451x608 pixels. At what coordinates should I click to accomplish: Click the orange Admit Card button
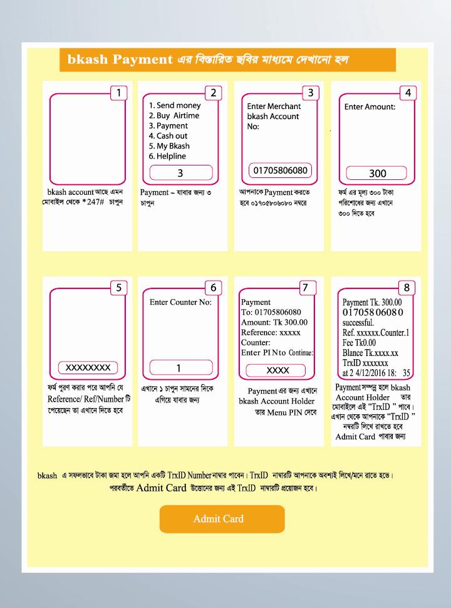click(222, 518)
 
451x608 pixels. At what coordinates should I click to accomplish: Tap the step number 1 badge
click(118, 93)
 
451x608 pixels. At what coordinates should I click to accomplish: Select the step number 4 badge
click(408, 93)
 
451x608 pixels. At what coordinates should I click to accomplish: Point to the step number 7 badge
click(305, 288)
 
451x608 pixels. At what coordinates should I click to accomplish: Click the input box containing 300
click(377, 173)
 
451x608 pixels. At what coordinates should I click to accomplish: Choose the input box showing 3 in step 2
click(180, 173)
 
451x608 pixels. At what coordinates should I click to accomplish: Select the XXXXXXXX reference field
click(88, 367)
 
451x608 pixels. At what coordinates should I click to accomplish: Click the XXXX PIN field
click(277, 370)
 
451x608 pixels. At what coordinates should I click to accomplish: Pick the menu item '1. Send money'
click(174, 106)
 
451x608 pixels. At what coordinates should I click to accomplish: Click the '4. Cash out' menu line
click(168, 136)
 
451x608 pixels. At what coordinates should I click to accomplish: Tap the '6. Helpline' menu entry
click(167, 156)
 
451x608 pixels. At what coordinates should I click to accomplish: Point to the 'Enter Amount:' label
click(370, 107)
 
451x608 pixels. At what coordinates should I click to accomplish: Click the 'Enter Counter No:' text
click(181, 303)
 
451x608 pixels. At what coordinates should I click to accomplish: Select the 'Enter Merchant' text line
click(274, 107)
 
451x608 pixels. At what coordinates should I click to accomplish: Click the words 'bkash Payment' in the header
click(120, 60)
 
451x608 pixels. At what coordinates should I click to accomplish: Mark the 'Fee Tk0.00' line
click(358, 343)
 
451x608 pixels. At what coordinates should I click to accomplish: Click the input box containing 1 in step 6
click(178, 369)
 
